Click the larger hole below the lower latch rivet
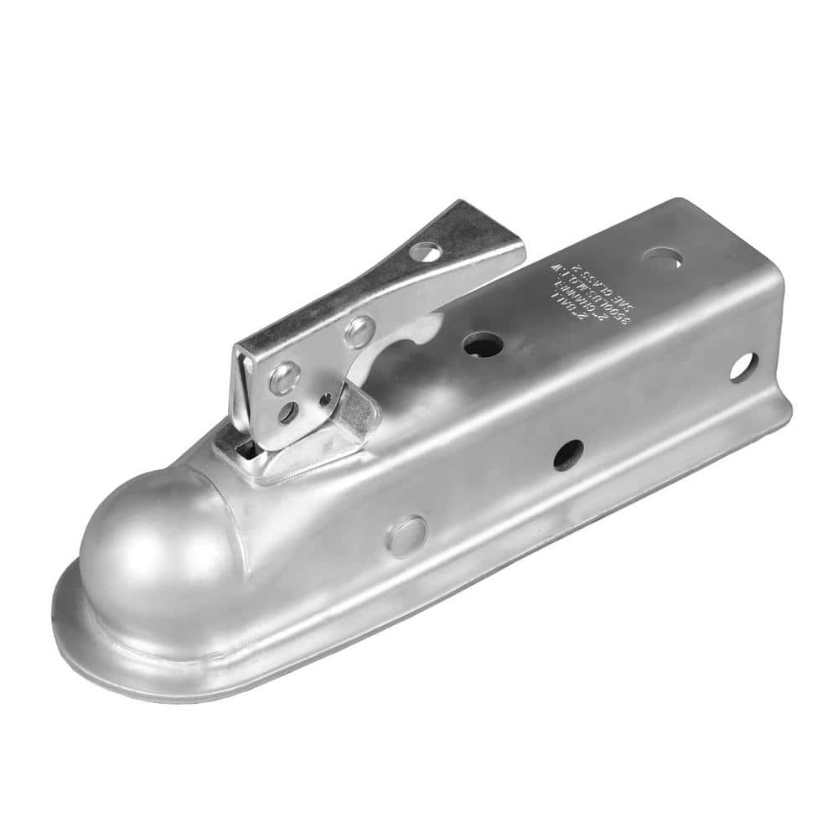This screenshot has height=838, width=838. [287, 411]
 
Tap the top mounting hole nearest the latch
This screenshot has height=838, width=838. [483, 344]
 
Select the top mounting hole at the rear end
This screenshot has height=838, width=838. [662, 259]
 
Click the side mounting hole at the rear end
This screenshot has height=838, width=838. [743, 367]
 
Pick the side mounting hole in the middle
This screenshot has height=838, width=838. [568, 453]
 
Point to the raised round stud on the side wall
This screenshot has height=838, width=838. [407, 536]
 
